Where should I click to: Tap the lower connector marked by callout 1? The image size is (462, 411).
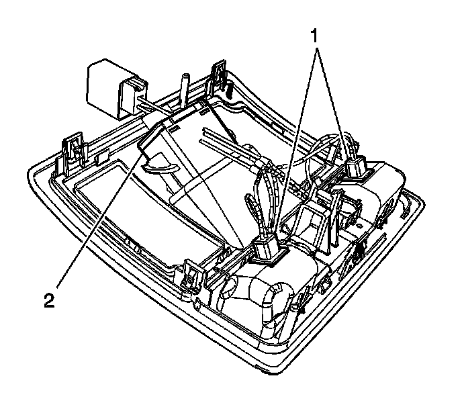(267, 248)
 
